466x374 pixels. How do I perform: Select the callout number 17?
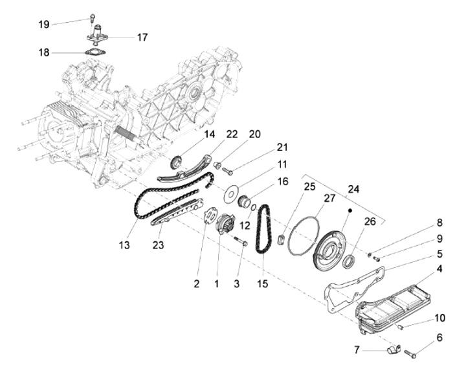click(141, 37)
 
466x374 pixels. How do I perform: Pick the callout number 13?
click(124, 245)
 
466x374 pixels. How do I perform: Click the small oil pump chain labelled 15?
click(262, 232)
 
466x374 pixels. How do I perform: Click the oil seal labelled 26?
click(349, 261)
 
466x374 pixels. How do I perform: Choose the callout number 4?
click(439, 267)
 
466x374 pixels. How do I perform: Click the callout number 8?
click(439, 223)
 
